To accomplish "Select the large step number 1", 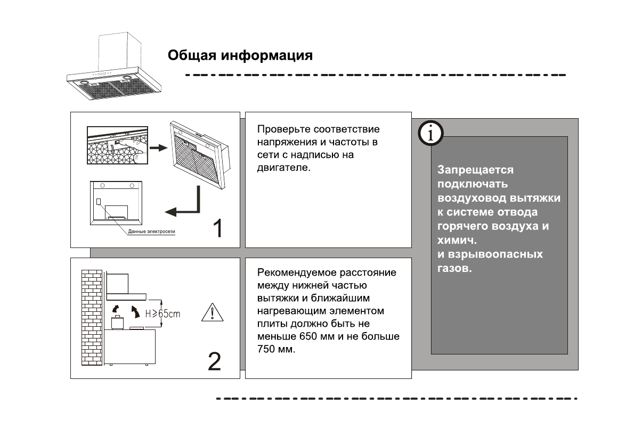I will [x=217, y=229].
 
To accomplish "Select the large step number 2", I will [x=214, y=361].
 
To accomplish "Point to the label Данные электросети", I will [x=151, y=232].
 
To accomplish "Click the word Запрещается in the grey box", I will [x=468, y=170].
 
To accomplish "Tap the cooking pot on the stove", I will [x=116, y=322].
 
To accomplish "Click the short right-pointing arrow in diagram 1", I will [x=158, y=147].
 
